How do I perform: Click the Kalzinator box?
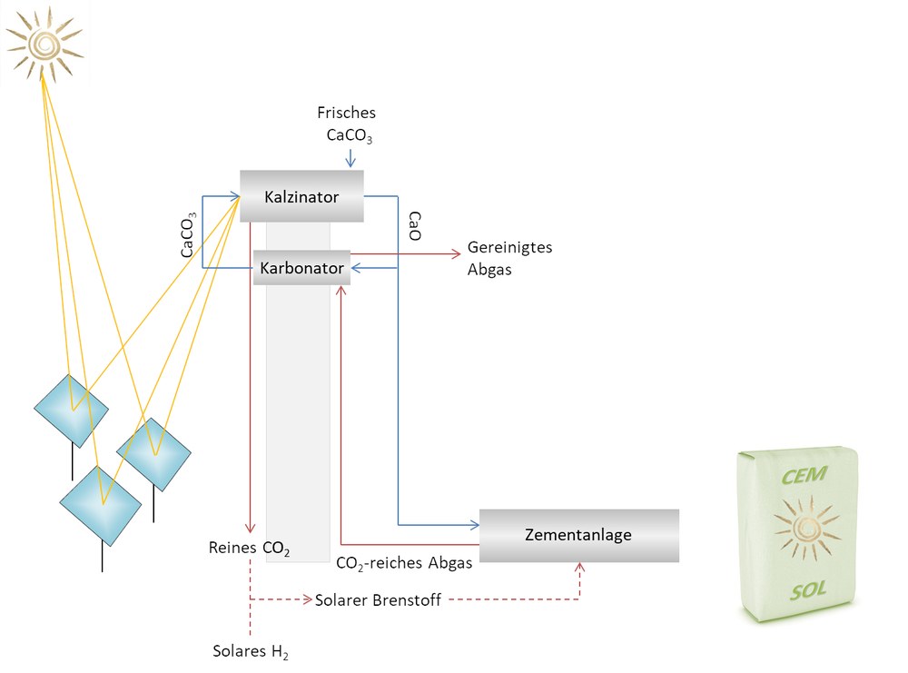301,196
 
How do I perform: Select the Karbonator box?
301,268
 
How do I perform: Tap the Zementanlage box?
579,535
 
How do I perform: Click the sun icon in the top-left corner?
44,44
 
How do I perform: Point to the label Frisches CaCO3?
346,124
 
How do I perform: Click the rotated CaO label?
415,226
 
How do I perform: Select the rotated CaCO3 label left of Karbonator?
188,235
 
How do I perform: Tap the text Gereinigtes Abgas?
509,258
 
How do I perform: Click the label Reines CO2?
249,549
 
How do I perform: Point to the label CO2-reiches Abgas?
404,563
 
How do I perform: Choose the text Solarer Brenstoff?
378,600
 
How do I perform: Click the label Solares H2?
251,651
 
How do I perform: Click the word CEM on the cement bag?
804,476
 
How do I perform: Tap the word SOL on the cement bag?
808,590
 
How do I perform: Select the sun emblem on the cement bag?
805,527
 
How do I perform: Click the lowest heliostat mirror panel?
101,506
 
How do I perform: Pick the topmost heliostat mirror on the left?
71,411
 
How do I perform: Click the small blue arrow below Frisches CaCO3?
350,158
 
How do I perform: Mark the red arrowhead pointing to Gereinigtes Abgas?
457,253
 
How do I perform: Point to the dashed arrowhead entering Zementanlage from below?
579,568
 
